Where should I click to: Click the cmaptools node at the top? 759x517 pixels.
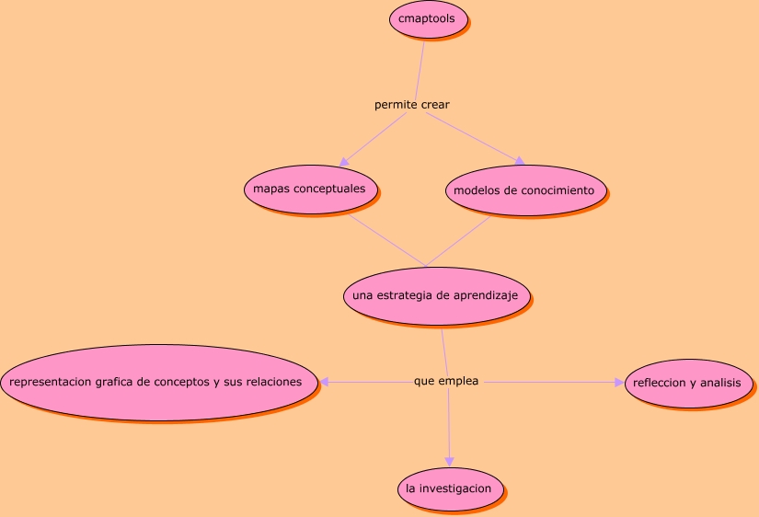pyautogui.click(x=429, y=19)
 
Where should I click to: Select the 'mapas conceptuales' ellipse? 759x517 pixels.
pyautogui.click(x=309, y=190)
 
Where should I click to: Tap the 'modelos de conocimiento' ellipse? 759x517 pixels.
pyautogui.click(x=525, y=190)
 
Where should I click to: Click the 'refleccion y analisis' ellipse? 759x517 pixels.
pyautogui.click(x=689, y=382)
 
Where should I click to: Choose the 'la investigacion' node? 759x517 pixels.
pyautogui.click(x=450, y=488)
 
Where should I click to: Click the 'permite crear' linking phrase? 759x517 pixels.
pyautogui.click(x=411, y=105)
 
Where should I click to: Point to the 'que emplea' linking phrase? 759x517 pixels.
pyautogui.click(x=446, y=381)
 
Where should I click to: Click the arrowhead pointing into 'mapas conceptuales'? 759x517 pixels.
pyautogui.click(x=344, y=161)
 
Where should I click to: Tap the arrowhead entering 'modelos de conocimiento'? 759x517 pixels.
pyautogui.click(x=519, y=161)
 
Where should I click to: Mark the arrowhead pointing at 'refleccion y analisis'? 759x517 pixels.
pyautogui.click(x=618, y=382)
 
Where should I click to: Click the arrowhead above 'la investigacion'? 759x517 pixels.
pyautogui.click(x=450, y=461)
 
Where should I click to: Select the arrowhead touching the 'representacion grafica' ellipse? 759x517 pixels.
pyautogui.click(x=325, y=382)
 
